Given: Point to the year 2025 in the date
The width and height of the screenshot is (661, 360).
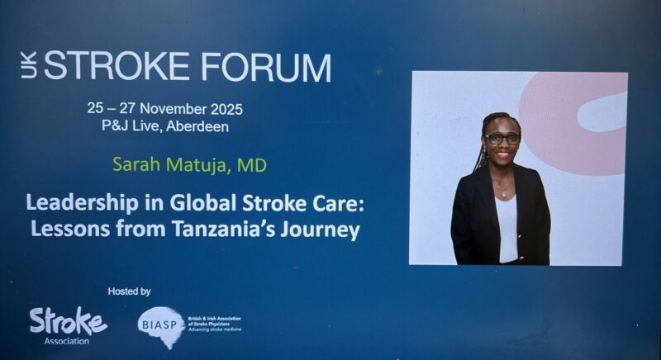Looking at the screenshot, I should pyautogui.click(x=226, y=108).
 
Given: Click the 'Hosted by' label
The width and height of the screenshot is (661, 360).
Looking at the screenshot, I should pyautogui.click(x=129, y=291).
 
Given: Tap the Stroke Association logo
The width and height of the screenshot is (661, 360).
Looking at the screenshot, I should pyautogui.click(x=68, y=321).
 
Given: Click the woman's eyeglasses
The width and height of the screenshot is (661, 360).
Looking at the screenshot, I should pyautogui.click(x=502, y=139).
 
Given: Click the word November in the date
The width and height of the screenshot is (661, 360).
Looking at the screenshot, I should pyautogui.click(x=175, y=108).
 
